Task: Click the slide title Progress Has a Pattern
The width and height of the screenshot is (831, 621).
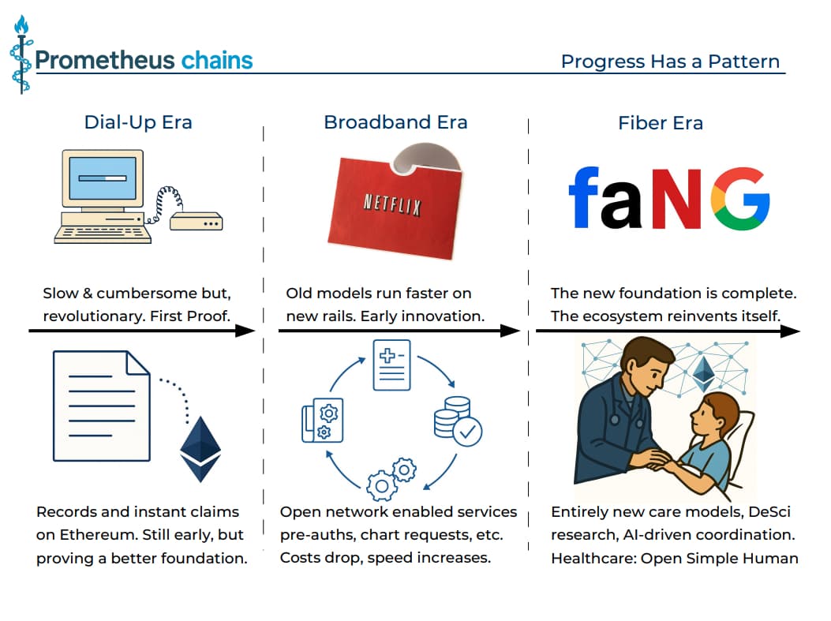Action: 670,62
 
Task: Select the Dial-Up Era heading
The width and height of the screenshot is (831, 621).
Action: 138,122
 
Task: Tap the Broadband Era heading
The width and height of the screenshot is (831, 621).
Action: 395,122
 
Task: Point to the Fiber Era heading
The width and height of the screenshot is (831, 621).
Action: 660,123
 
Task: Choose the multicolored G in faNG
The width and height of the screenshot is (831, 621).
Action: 739,198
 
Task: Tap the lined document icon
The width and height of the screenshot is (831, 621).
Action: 100,406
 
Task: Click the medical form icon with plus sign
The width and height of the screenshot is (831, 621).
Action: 392,364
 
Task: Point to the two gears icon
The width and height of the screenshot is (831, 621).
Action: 392,477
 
